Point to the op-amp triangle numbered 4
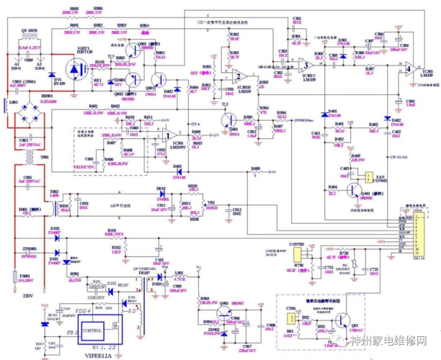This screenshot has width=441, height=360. pyautogui.click(x=408, y=69)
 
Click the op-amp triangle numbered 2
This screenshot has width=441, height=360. pyautogui.click(x=239, y=78)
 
